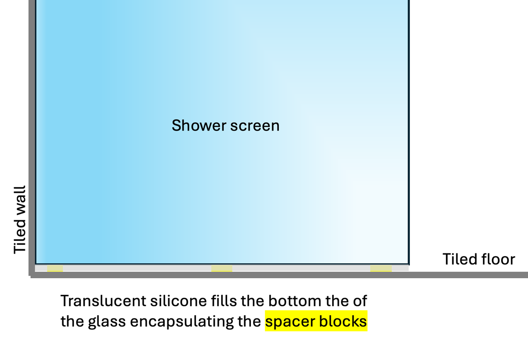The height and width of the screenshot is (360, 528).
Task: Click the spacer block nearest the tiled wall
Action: tap(55, 268)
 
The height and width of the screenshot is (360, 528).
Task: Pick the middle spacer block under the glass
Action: tap(222, 268)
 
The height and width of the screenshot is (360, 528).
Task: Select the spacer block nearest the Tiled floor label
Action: tap(381, 268)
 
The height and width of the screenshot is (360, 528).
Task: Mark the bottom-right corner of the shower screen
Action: tap(408, 264)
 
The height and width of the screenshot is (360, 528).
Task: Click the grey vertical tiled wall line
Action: tap(32, 136)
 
